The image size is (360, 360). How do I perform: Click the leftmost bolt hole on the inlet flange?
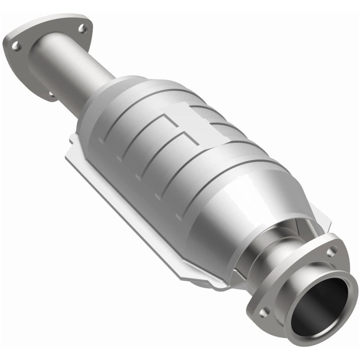click(x=15, y=45)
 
